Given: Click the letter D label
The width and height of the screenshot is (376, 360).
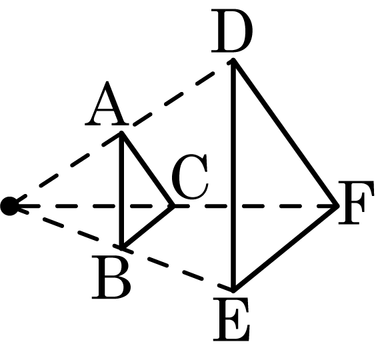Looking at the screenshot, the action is pyautogui.click(x=231, y=31).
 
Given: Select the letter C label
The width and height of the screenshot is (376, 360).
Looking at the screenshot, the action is pyautogui.click(x=190, y=177).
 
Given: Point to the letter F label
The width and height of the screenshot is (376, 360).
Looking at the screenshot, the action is pyautogui.click(x=356, y=203).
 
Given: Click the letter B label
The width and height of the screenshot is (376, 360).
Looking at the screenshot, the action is pyautogui.click(x=111, y=277).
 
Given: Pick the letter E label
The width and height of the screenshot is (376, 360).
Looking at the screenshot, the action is pyautogui.click(x=231, y=319).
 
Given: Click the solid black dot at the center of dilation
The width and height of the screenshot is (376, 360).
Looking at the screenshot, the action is pyautogui.click(x=9, y=206).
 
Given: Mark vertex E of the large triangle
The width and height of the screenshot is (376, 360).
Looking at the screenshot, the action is pyautogui.click(x=233, y=289).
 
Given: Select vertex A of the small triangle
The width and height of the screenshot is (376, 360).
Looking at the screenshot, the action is pyautogui.click(x=122, y=133).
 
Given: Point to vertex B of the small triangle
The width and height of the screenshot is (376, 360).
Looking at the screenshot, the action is pyautogui.click(x=122, y=247).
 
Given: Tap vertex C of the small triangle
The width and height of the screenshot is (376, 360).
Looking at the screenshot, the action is pyautogui.click(x=173, y=206).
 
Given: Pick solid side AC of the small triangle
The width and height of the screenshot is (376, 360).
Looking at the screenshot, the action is pyautogui.click(x=147, y=169).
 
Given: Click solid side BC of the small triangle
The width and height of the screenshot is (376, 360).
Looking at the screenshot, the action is pyautogui.click(x=147, y=227).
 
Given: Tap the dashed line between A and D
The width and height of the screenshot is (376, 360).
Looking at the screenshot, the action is pyautogui.click(x=174, y=99).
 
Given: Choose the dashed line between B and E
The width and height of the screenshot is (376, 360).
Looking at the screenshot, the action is pyautogui.click(x=176, y=268).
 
